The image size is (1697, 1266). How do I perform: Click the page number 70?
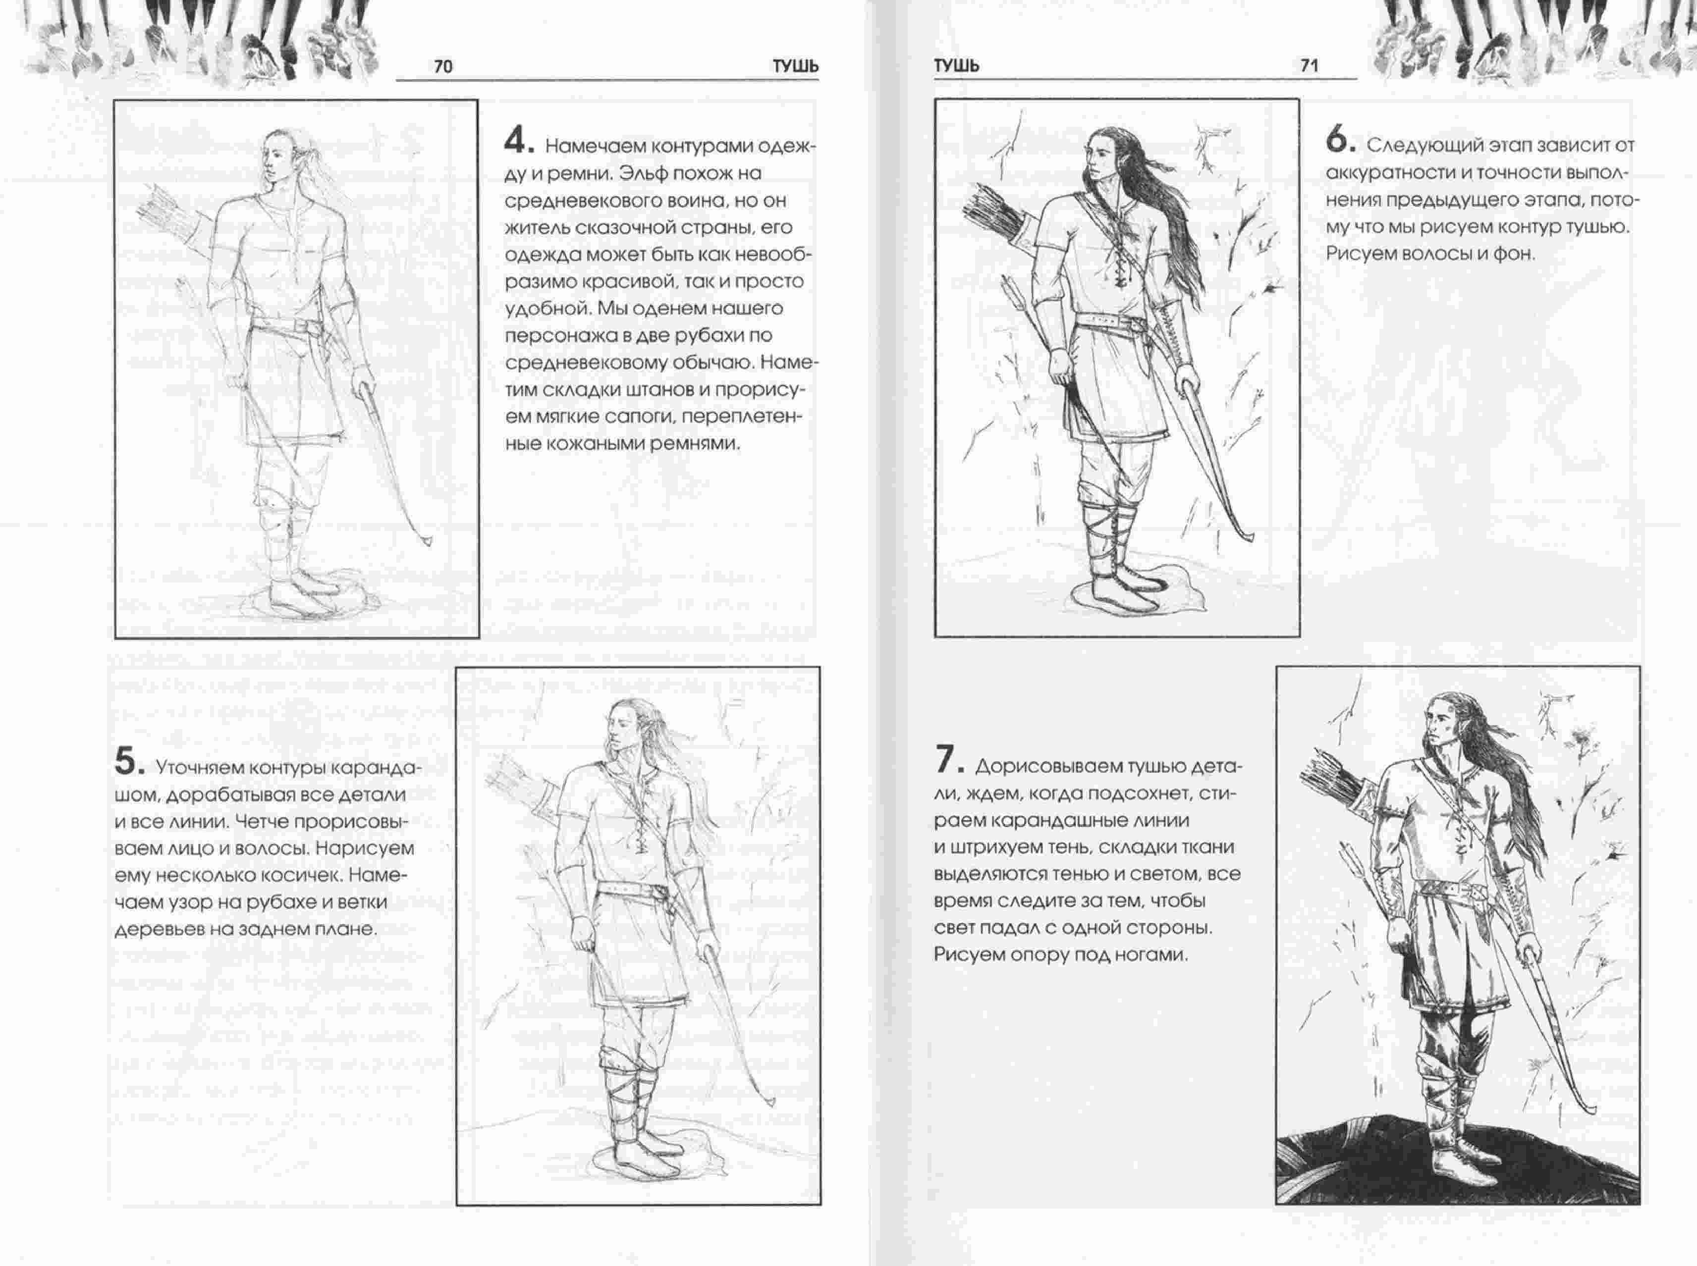coord(443,67)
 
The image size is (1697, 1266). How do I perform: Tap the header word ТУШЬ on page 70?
coord(795,67)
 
